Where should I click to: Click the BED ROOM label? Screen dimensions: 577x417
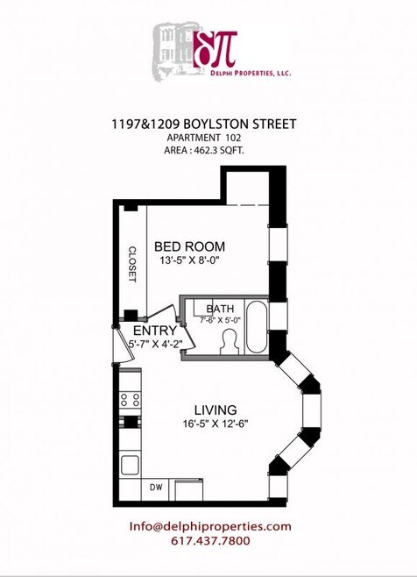[x=190, y=246]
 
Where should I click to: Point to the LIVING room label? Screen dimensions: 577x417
[x=216, y=410]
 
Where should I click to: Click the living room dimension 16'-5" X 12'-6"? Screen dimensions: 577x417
[x=216, y=424]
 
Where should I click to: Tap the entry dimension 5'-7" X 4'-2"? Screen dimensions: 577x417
[x=154, y=345]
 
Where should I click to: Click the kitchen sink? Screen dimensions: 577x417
[x=130, y=464]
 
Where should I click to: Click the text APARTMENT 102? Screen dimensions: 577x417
[x=208, y=139]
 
